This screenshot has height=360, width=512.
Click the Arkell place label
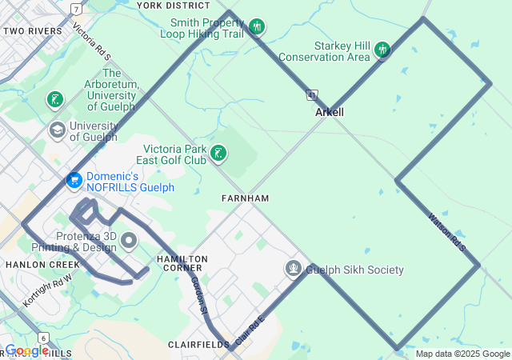pyautogui.click(x=330, y=113)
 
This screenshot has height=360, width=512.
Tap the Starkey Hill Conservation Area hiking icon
pyautogui.click(x=382, y=50)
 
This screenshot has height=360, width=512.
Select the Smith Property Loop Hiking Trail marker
pyautogui.click(x=257, y=26)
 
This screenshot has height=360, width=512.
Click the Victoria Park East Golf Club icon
pyautogui.click(x=218, y=154)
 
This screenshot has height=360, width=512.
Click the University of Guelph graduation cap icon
pyautogui.click(x=57, y=130)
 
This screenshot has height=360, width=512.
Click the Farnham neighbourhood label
pyautogui.click(x=246, y=198)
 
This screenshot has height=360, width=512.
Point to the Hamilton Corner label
pyautogui.click(x=182, y=264)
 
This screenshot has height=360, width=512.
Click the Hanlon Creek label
pyautogui.click(x=32, y=264)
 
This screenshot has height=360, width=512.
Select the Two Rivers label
pyautogui.click(x=33, y=31)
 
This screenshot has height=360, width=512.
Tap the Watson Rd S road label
pyautogui.click(x=446, y=229)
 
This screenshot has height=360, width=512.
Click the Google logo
pyautogui.click(x=26, y=350)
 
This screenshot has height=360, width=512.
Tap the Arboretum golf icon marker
pyautogui.click(x=54, y=100)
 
